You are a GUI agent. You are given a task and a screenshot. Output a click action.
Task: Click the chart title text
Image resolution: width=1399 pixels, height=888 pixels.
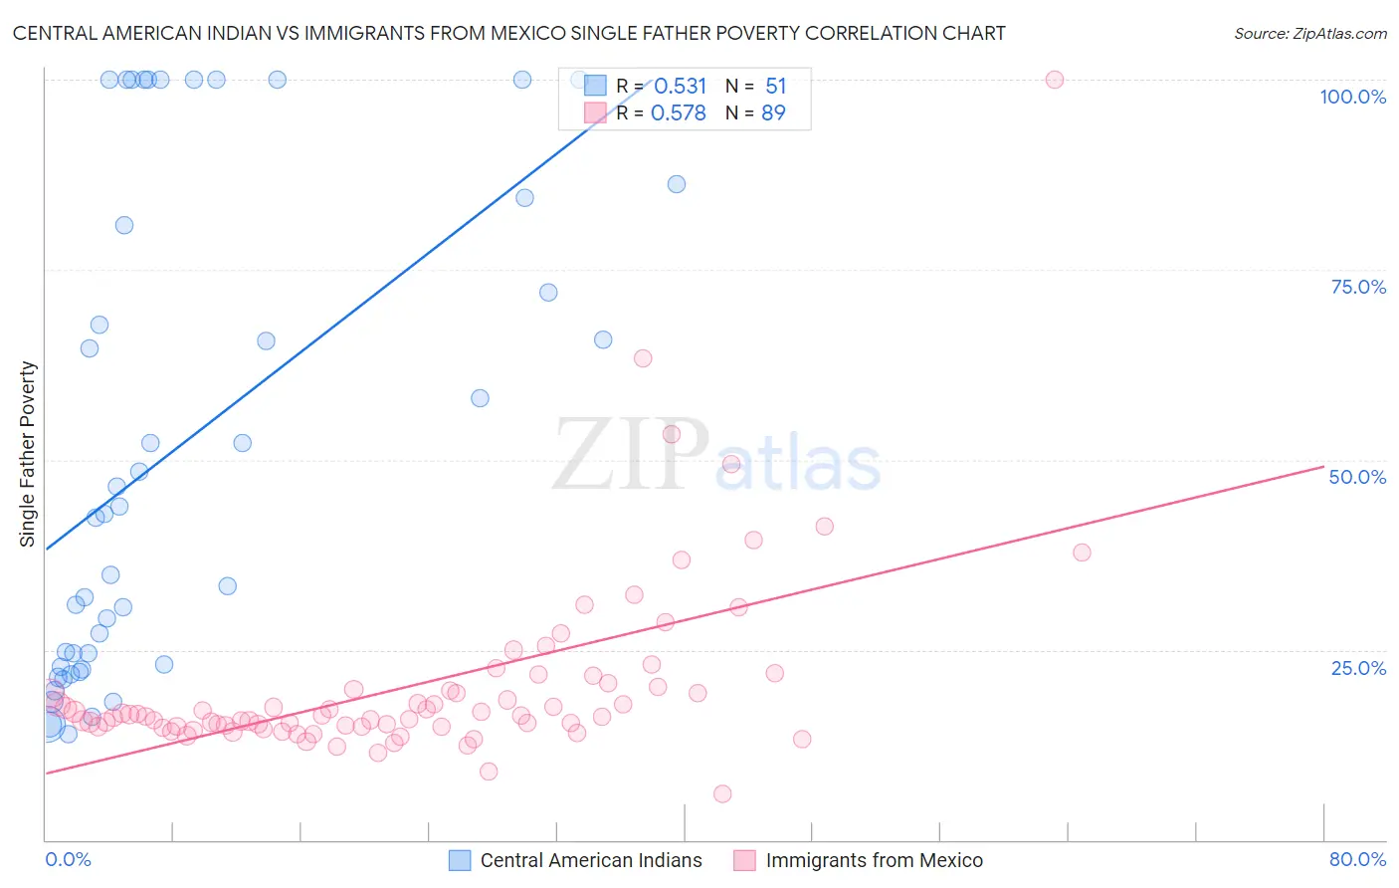point(508,33)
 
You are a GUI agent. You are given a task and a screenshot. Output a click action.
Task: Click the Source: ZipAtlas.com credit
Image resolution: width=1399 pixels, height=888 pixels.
point(1309,33)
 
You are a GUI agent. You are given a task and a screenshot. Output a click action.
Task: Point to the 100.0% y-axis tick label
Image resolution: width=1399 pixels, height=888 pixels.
point(1352,97)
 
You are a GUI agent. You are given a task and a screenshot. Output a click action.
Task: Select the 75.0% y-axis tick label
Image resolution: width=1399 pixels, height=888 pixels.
point(1358,287)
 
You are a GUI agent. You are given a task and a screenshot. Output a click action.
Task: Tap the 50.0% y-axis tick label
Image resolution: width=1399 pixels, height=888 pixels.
point(1357,477)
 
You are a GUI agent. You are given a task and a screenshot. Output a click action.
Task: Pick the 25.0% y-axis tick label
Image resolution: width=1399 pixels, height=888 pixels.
point(1358,668)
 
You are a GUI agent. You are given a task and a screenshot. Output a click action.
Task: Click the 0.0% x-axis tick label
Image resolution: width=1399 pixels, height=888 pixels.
point(68,859)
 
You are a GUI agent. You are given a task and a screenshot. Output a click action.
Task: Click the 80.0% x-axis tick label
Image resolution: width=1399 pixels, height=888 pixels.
point(1357,859)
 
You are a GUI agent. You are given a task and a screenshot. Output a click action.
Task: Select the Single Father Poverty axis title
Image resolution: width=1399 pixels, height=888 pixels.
point(28,454)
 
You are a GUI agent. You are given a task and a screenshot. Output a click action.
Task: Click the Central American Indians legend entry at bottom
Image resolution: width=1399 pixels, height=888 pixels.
point(590,860)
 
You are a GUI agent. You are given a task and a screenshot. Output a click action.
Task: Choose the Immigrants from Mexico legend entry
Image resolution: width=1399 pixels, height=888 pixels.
point(874,860)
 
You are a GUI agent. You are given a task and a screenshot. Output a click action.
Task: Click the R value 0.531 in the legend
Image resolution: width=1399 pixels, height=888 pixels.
point(680,87)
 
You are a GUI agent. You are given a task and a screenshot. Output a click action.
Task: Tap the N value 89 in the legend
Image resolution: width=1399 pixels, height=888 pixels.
point(773,113)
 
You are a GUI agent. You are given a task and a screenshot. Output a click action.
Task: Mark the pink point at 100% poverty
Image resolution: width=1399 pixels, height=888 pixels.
point(1055,80)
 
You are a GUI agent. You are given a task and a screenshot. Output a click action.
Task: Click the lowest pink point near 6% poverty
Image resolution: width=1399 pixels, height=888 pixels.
point(722,793)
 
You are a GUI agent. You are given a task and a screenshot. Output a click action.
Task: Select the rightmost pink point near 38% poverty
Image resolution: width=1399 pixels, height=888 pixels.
point(1082,553)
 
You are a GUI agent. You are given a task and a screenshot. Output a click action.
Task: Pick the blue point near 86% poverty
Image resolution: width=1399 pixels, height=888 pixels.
point(677,184)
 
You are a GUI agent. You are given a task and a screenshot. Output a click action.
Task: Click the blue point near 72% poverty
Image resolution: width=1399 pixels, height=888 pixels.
point(548,293)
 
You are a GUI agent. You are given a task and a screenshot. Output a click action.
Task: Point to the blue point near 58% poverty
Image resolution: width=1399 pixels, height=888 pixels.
point(480,398)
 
